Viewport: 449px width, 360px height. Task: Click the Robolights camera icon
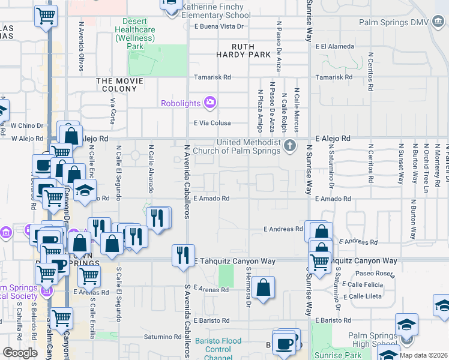pyautogui.click(x=209, y=103)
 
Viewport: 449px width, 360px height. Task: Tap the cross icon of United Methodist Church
pyautogui.click(x=290, y=146)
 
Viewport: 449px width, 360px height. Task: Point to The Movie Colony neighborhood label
pyautogui.click(x=120, y=85)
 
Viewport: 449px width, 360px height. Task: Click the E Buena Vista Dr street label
pyautogui.click(x=221, y=26)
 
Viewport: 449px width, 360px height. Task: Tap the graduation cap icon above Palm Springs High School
pyautogui.click(x=406, y=325)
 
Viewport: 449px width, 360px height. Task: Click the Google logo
pyautogui.click(x=20, y=352)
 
